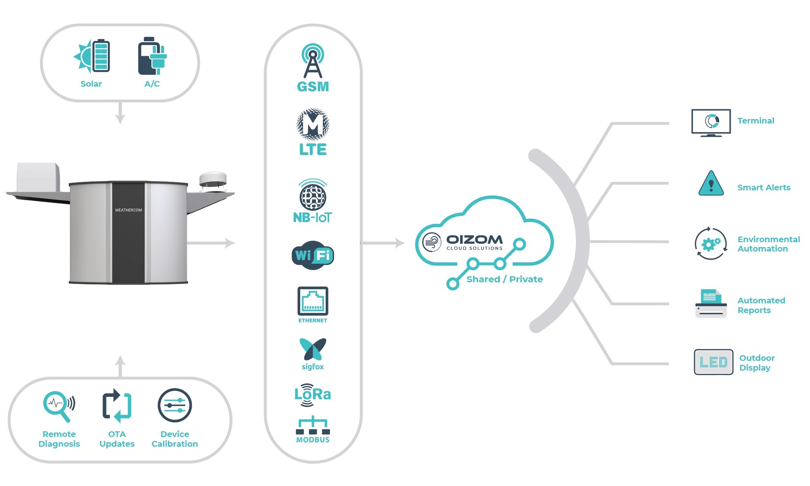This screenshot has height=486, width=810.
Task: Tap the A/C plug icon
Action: click(x=152, y=56)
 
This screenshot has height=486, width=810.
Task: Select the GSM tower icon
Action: click(x=313, y=61)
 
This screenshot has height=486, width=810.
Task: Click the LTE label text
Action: click(x=313, y=149)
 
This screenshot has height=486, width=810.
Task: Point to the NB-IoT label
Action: click(x=312, y=217)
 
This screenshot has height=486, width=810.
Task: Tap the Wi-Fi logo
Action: click(x=313, y=255)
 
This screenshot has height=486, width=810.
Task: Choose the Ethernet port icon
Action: click(x=313, y=301)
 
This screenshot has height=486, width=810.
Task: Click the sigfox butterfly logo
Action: click(x=313, y=349)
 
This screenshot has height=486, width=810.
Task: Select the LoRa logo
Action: click(x=313, y=394)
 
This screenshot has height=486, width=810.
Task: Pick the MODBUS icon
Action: click(x=313, y=426)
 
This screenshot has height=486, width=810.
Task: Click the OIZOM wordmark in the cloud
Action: click(x=474, y=239)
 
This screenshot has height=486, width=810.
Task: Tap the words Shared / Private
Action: click(x=504, y=279)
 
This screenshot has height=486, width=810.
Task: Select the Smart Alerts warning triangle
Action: click(x=711, y=184)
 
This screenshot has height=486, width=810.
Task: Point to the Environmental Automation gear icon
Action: click(x=711, y=243)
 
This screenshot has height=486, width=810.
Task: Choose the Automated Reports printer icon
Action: click(x=711, y=304)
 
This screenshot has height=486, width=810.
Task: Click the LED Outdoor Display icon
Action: click(x=713, y=362)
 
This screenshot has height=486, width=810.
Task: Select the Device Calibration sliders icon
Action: click(x=175, y=405)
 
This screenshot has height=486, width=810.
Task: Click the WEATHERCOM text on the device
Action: click(x=128, y=210)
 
